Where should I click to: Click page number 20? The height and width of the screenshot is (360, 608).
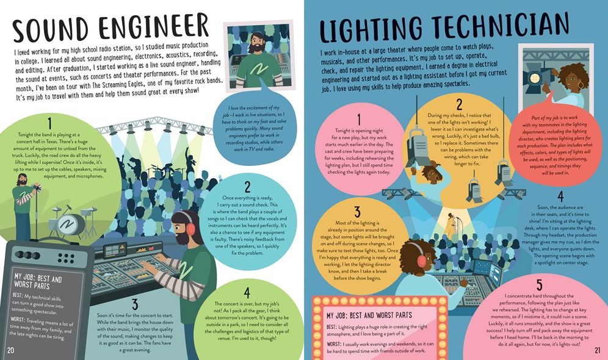[10, 350]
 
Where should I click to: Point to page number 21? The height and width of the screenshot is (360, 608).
[598, 350]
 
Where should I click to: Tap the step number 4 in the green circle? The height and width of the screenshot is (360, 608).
[247, 293]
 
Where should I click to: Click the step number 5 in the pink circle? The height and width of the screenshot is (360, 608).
[539, 285]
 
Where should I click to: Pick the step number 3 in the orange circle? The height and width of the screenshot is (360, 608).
[357, 212]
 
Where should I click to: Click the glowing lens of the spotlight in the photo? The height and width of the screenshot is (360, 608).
[535, 78]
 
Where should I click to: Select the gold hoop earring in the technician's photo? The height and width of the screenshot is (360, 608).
[580, 85]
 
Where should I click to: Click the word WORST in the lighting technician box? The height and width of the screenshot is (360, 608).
[335, 344]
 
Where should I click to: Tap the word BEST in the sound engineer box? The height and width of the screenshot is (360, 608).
[18, 295]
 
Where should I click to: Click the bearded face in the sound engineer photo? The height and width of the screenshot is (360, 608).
[258, 43]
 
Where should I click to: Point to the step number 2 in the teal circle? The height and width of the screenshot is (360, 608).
[247, 187]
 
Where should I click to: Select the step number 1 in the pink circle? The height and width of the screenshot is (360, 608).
[359, 120]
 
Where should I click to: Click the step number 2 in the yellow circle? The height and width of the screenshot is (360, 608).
[460, 104]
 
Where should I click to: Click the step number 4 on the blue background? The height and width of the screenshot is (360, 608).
[560, 197]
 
